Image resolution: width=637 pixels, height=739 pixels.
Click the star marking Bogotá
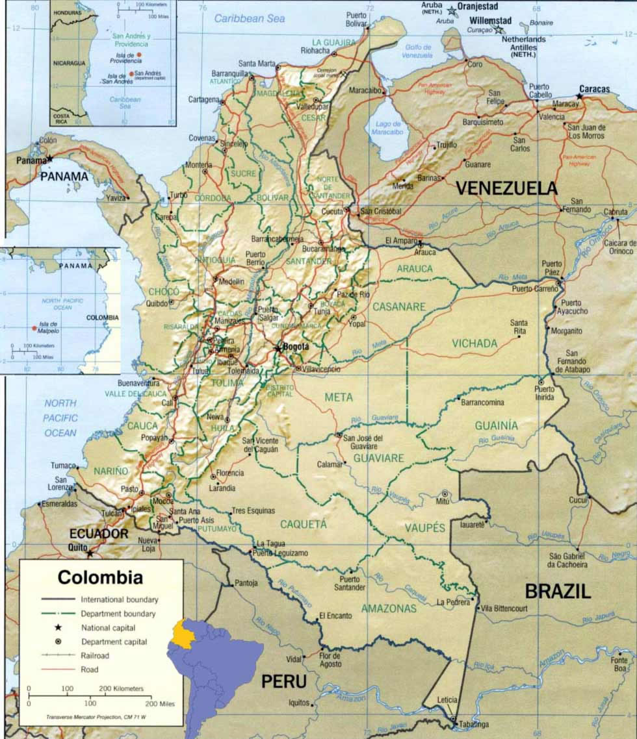278,349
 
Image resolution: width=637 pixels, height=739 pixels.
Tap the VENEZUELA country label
506,188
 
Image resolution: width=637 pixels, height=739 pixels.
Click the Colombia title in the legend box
100,577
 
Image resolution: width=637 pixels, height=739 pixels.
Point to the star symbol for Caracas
579,96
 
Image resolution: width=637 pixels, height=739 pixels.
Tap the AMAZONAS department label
389,608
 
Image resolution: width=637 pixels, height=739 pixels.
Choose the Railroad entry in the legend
95,656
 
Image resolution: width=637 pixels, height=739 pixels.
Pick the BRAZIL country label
558,591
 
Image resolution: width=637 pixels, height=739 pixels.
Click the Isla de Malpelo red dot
34,328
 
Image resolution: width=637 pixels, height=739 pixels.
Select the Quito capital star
90,553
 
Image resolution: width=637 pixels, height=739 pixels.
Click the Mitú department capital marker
445,494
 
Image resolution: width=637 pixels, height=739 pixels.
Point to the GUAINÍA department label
496,425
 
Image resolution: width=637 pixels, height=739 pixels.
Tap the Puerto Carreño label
534,288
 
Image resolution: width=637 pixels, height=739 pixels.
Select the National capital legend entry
108,627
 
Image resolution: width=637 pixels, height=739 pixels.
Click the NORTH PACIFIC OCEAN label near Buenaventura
60,418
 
